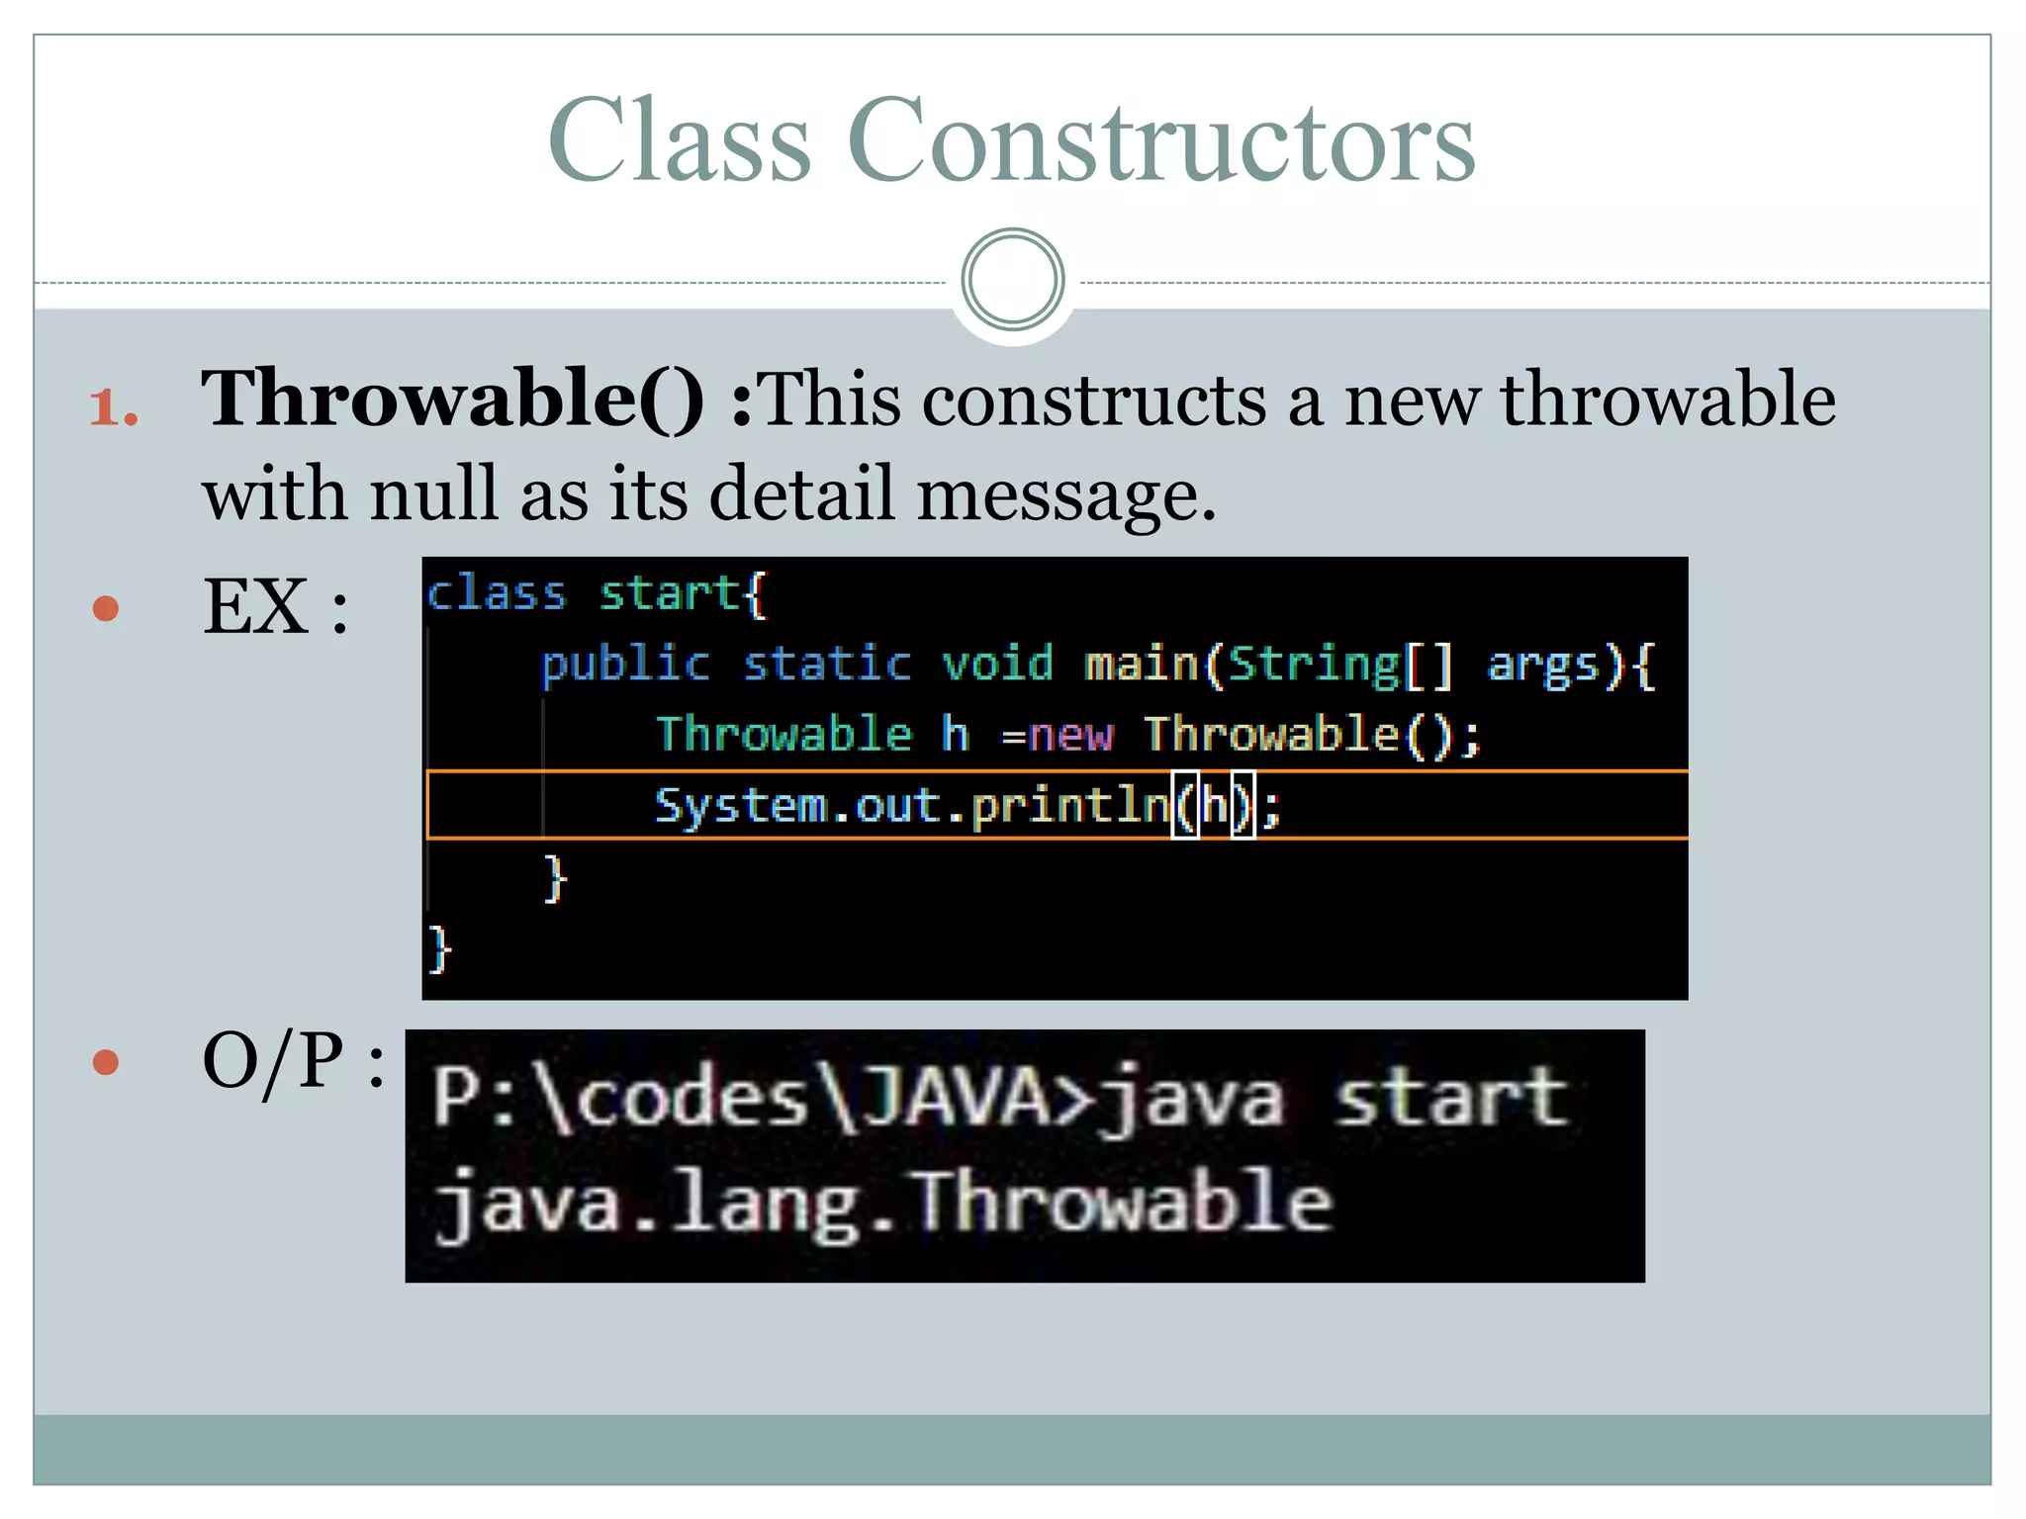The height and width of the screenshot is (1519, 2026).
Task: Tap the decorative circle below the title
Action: click(x=1012, y=279)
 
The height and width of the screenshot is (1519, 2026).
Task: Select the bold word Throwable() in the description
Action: click(x=452, y=399)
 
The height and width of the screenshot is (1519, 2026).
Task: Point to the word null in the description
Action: click(x=432, y=492)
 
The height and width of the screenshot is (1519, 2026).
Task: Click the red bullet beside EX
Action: click(x=106, y=607)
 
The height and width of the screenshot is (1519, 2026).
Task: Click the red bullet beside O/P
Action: click(x=106, y=1062)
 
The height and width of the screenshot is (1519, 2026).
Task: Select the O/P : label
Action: click(x=293, y=1061)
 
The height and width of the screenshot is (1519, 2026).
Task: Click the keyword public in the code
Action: click(x=625, y=664)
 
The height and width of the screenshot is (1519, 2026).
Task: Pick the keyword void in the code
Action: click(x=997, y=664)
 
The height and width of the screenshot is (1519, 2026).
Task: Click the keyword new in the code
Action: click(x=1070, y=735)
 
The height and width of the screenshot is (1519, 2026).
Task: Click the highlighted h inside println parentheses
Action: click(x=1213, y=805)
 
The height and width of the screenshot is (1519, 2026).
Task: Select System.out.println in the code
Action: click(x=912, y=805)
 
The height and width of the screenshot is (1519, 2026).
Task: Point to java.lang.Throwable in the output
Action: click(x=883, y=1203)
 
